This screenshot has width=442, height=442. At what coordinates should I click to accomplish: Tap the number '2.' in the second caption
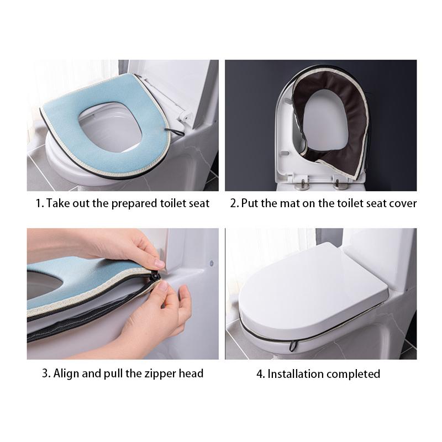click(234, 203)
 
